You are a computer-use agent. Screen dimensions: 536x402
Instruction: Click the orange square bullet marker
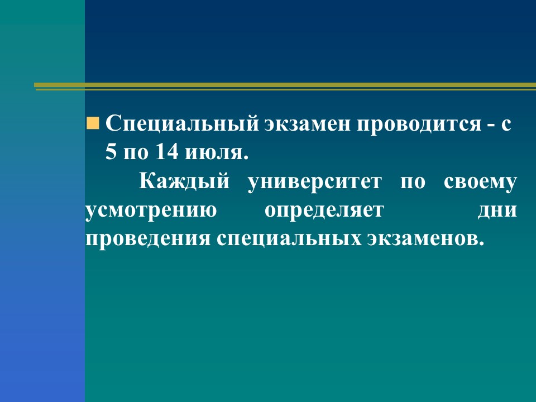click(93, 123)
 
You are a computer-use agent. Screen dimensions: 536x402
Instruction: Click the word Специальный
click(182, 124)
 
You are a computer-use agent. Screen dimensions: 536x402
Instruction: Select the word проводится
click(419, 125)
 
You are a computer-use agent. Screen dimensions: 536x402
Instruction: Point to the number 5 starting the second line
click(111, 151)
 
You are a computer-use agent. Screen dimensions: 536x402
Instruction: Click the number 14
click(167, 151)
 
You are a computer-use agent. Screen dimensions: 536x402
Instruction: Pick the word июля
click(217, 152)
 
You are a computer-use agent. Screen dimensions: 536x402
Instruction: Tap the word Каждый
click(184, 181)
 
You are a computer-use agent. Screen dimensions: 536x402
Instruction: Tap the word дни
click(497, 210)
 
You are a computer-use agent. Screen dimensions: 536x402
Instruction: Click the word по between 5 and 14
click(136, 152)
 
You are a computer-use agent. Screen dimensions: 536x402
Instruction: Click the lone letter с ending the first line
click(506, 125)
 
